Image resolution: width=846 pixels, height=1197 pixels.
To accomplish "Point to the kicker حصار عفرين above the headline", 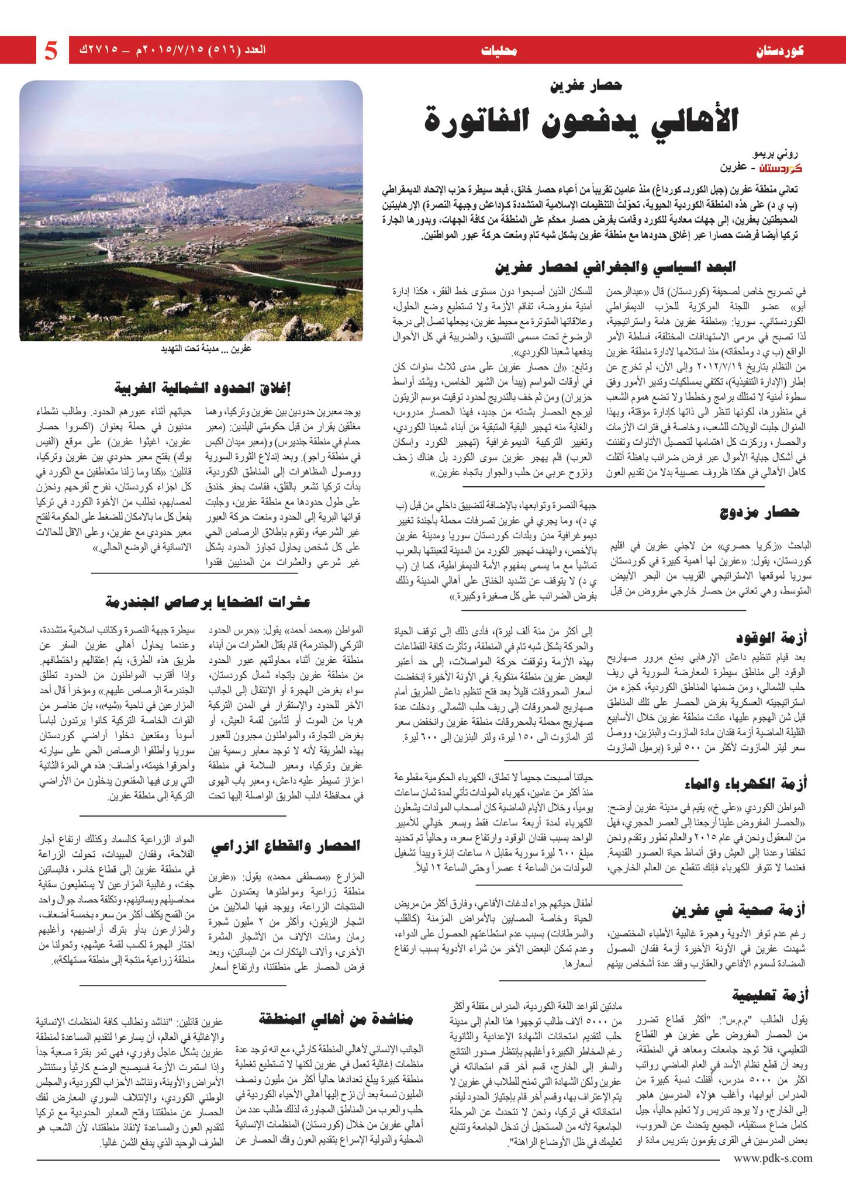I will tap(588, 87).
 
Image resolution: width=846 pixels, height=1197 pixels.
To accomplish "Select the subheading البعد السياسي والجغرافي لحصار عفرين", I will tap(614, 267).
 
